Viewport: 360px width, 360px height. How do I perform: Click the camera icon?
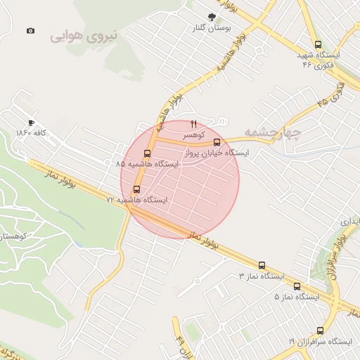(30, 31)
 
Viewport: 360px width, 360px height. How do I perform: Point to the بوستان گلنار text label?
(213, 28)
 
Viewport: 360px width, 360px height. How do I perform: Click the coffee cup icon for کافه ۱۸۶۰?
(31, 122)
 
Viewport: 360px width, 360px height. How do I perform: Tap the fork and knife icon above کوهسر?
(194, 124)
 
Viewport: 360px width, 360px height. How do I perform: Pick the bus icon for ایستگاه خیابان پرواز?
(226, 143)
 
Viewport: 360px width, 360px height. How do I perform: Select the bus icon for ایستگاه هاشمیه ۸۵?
(147, 153)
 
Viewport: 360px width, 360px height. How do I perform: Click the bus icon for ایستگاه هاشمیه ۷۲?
(136, 189)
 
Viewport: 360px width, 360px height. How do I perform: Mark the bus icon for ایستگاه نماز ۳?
(262, 266)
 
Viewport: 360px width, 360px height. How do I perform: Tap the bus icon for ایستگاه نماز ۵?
(297, 286)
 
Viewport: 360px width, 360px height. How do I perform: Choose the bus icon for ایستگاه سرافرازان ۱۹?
(321, 330)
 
